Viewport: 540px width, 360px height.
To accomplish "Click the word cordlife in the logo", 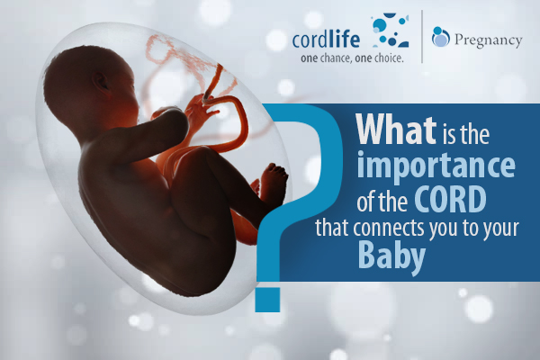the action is (326, 39).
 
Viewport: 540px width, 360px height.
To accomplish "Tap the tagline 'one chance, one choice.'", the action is (352, 58).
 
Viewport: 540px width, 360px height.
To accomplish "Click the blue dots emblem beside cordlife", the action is (391, 30).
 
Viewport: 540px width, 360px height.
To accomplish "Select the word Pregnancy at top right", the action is (488, 40).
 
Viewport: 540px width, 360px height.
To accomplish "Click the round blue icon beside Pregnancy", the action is (440, 37).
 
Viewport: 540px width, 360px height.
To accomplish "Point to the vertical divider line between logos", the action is (422, 37).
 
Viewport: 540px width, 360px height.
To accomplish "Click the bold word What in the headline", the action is (396, 130).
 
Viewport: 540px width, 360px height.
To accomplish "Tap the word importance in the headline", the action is (436, 166).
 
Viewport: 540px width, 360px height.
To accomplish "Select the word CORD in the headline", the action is (450, 199).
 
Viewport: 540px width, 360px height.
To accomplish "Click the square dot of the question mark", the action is (267, 300).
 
